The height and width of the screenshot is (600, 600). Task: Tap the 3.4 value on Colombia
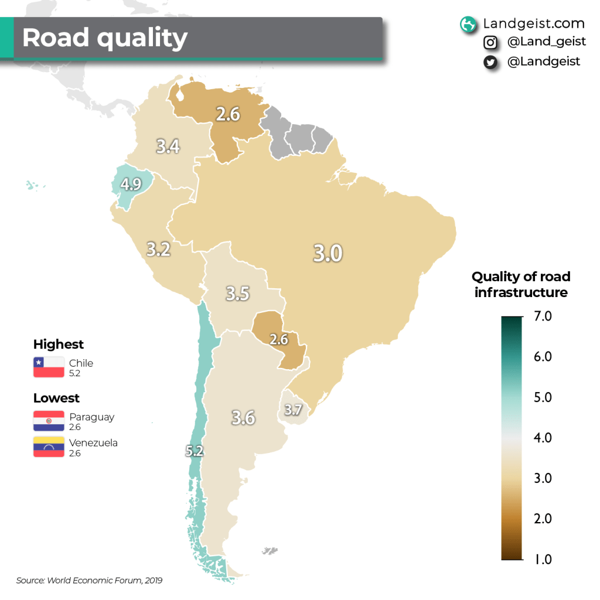point(168,145)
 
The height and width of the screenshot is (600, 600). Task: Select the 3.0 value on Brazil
point(328,253)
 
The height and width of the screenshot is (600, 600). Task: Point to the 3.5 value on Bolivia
point(238,293)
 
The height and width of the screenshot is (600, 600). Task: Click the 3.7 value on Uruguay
point(293,410)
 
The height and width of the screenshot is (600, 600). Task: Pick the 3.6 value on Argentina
point(243,417)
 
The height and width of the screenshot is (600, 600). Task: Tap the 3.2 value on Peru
point(158,249)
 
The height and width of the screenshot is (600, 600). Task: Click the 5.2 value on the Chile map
point(195,451)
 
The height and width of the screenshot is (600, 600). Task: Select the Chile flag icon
point(49,367)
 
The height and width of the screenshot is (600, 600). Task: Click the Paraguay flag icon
point(49,421)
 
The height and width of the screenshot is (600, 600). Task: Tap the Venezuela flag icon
point(49,447)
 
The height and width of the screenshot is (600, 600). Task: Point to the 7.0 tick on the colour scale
point(543,316)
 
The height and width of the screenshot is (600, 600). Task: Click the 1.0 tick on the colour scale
point(543,559)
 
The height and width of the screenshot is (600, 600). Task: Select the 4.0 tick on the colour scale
point(543,438)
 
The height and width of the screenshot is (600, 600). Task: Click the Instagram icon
point(490,43)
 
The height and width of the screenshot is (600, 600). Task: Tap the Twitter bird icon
point(490,62)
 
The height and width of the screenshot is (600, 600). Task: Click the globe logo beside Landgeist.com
point(468,24)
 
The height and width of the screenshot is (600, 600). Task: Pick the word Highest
point(59,344)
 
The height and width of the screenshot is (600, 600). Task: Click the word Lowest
point(56,398)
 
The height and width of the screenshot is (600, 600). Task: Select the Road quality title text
point(105,38)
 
